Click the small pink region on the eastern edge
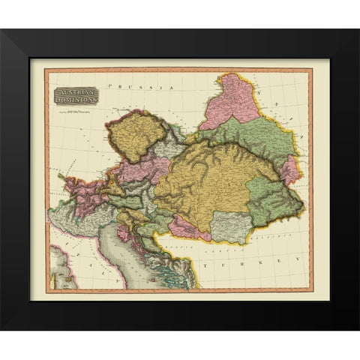coord(290,171)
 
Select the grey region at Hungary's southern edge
coord(229,226)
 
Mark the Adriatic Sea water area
coord(139,251)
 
